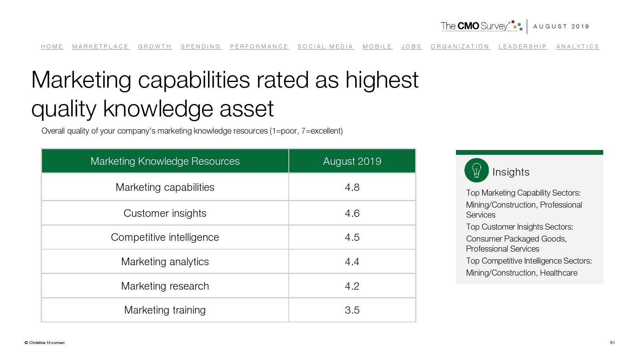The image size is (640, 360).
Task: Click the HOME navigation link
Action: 52,46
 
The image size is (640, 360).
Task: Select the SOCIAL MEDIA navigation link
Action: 325,46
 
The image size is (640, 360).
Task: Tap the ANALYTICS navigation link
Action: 578,46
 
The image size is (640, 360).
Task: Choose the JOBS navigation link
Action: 411,46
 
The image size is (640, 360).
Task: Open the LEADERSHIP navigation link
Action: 522,46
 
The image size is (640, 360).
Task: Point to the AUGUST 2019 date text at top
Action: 561,26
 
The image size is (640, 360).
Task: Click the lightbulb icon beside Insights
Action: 476,170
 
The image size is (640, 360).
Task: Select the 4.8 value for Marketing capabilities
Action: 352,187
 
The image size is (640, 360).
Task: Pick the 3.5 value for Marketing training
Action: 352,310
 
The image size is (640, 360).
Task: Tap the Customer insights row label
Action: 165,213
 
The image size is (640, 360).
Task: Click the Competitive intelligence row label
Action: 165,237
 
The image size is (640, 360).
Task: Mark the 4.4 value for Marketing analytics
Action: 352,262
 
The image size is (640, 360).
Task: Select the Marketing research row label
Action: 165,286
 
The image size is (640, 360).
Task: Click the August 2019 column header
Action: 352,161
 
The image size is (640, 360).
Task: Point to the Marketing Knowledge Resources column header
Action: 165,161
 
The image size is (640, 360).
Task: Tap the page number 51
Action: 612,342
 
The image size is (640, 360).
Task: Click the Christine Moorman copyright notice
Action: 44,342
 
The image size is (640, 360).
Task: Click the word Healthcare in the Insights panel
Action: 558,273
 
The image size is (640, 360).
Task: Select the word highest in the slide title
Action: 382,80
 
